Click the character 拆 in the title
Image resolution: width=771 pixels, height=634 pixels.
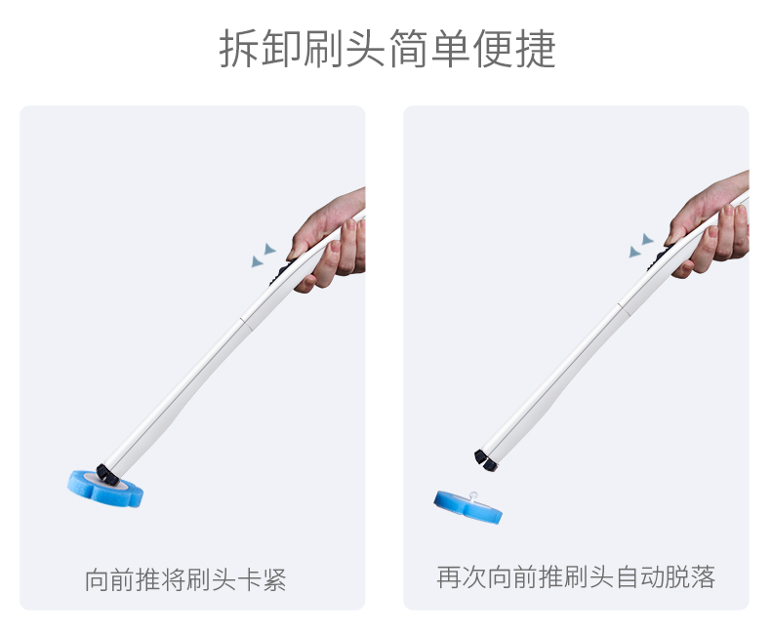point(239,48)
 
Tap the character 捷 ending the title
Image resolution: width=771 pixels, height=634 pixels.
point(536,48)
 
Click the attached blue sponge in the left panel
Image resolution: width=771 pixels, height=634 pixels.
point(104,489)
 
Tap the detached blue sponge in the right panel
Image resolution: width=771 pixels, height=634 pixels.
point(467,507)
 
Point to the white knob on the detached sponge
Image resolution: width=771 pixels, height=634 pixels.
point(473,496)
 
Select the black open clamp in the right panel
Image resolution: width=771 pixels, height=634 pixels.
point(485,460)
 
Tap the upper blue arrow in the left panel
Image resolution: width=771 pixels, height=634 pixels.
point(270,248)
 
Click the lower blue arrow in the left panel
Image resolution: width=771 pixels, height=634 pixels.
point(257,261)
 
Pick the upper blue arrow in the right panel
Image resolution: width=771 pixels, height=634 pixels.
point(648,239)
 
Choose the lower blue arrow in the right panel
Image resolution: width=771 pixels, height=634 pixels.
point(634,252)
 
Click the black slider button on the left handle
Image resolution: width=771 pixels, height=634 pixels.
point(280,274)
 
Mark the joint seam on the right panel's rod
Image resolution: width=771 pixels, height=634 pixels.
point(623,308)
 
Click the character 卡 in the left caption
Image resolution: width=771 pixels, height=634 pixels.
point(249,580)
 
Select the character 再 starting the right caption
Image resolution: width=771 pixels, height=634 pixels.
point(449,577)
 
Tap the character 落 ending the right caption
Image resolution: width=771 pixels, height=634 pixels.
point(703,577)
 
